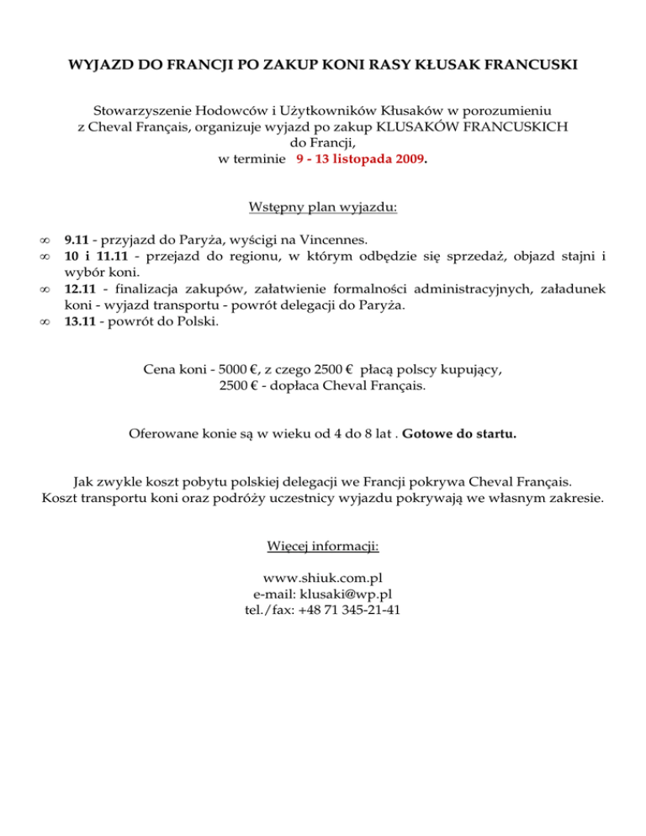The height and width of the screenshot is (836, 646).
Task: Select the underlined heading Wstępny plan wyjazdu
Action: click(x=323, y=207)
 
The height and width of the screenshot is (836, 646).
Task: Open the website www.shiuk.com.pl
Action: click(x=323, y=578)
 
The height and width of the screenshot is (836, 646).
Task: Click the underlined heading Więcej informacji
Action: click(x=323, y=547)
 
